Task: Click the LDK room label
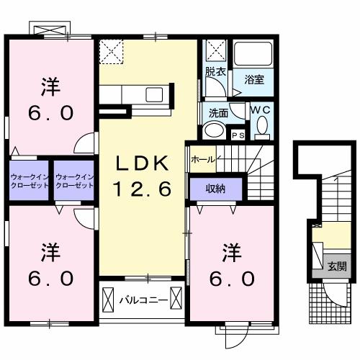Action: [142, 163]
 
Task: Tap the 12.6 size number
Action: [143, 189]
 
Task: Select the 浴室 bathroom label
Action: [254, 79]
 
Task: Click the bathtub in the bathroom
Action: [253, 54]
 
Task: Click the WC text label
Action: [261, 110]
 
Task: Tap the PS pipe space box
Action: [238, 135]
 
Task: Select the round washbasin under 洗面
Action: [214, 131]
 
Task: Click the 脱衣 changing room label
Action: [215, 71]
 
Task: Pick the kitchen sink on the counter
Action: [154, 94]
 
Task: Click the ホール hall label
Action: [203, 159]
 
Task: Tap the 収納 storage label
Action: [215, 189]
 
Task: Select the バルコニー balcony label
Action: [143, 300]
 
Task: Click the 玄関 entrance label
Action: [338, 266]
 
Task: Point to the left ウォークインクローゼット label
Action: [30, 181]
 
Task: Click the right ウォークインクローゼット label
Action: [74, 181]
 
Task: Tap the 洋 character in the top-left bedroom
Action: [50, 87]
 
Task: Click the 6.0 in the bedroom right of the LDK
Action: [232, 279]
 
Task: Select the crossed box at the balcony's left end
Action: [108, 300]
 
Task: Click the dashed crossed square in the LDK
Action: [111, 52]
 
